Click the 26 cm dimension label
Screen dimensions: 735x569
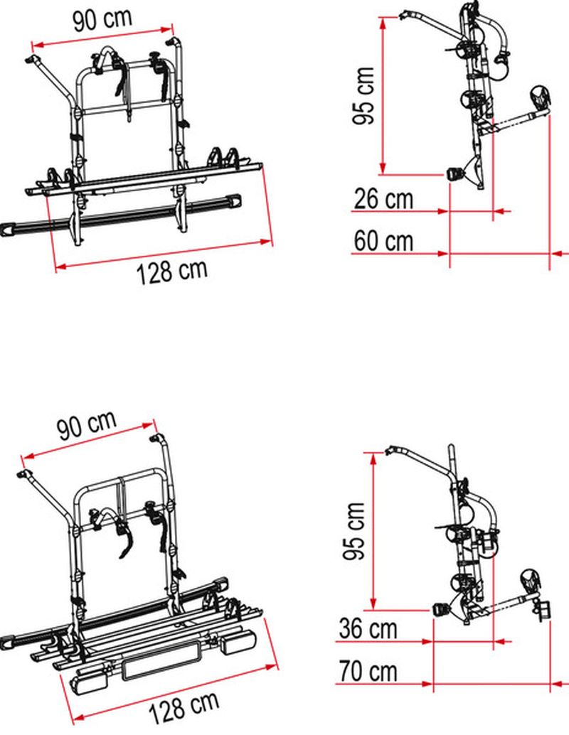pyautogui.click(x=383, y=200)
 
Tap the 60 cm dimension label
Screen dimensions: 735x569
pyautogui.click(x=383, y=242)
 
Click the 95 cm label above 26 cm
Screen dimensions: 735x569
pyautogui.click(x=363, y=95)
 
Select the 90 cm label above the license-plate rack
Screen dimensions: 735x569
pyautogui.click(x=87, y=427)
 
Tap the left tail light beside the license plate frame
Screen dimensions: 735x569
pyautogui.click(x=90, y=681)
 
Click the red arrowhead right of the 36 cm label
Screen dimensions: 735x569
pyautogui.click(x=427, y=642)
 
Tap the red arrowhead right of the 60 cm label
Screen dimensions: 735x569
pyautogui.click(x=445, y=252)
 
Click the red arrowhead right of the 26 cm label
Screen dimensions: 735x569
pyautogui.click(x=445, y=211)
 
